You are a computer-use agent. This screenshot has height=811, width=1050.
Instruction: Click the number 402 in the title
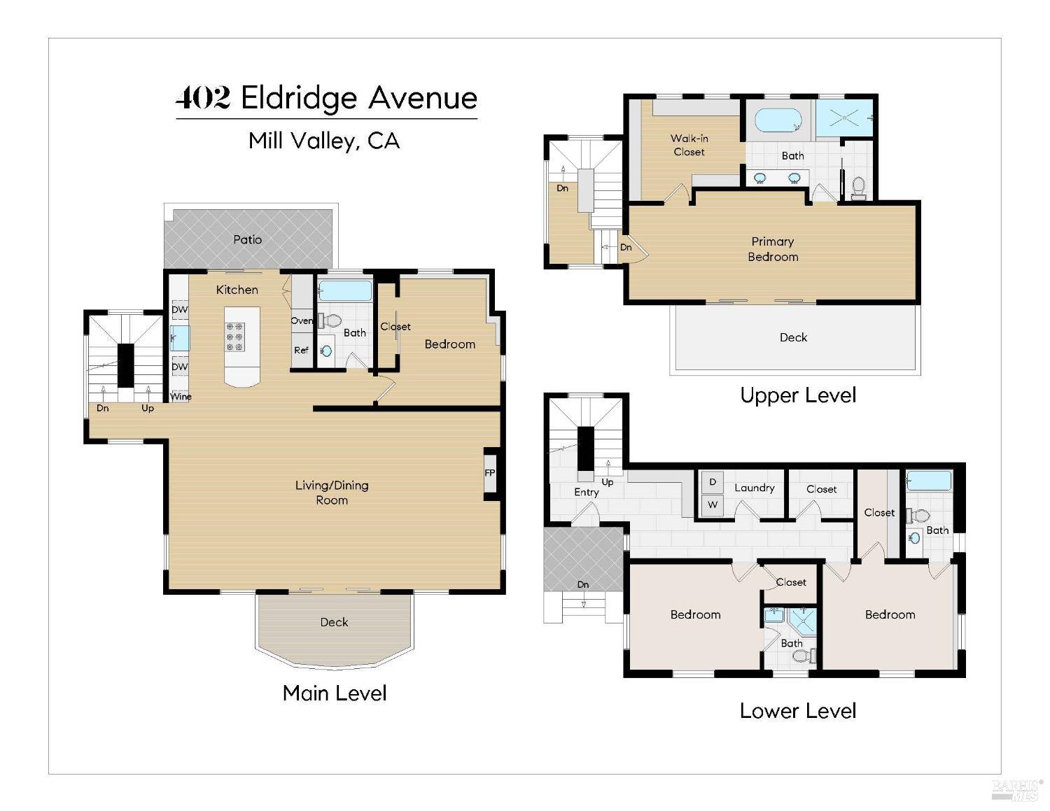pyautogui.click(x=202, y=98)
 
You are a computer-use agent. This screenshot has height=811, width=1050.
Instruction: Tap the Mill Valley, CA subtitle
pyautogui.click(x=324, y=141)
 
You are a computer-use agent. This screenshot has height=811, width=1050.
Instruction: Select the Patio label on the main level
pyautogui.click(x=247, y=239)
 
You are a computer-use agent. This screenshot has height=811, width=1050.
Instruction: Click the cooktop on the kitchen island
pyautogui.click(x=235, y=337)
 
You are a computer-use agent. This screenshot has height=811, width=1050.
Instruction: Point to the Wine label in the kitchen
pyautogui.click(x=181, y=397)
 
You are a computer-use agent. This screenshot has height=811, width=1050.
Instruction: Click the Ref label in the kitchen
pyautogui.click(x=301, y=351)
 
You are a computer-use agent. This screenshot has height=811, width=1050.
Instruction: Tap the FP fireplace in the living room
pyautogui.click(x=490, y=473)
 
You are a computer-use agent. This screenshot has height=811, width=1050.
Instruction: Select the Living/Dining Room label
pyautogui.click(x=332, y=493)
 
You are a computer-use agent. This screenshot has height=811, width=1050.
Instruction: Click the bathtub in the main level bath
pyautogui.click(x=344, y=290)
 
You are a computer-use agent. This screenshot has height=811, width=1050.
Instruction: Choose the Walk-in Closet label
pyautogui.click(x=689, y=145)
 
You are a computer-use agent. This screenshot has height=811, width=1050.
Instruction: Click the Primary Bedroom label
pyautogui.click(x=772, y=249)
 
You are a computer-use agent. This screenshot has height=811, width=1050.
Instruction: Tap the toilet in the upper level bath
pyautogui.click(x=859, y=187)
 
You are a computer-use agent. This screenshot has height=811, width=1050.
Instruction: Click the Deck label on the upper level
pyautogui.click(x=793, y=337)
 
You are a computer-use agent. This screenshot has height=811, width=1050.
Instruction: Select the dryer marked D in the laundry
pyautogui.click(x=713, y=482)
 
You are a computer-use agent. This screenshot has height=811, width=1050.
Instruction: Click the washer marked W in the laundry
pyautogui.click(x=713, y=505)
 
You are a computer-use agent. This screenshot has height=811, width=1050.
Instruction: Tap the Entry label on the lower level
pyautogui.click(x=586, y=492)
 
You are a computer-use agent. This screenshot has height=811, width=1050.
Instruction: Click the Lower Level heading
pyautogui.click(x=797, y=711)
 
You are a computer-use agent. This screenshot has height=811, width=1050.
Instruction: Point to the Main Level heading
pyautogui.click(x=334, y=693)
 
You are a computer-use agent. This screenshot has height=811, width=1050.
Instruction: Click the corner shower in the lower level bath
pyautogui.click(x=804, y=620)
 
